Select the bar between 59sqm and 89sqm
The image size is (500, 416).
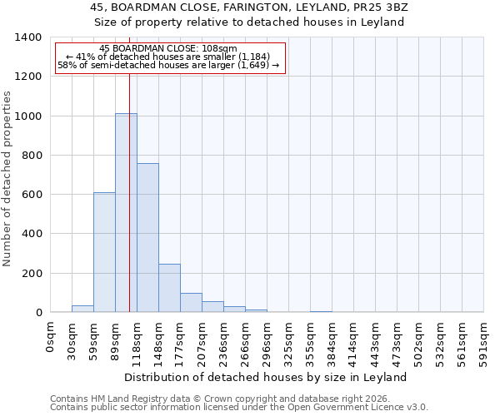click(x=104, y=252)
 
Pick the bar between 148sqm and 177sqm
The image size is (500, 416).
click(x=169, y=288)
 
